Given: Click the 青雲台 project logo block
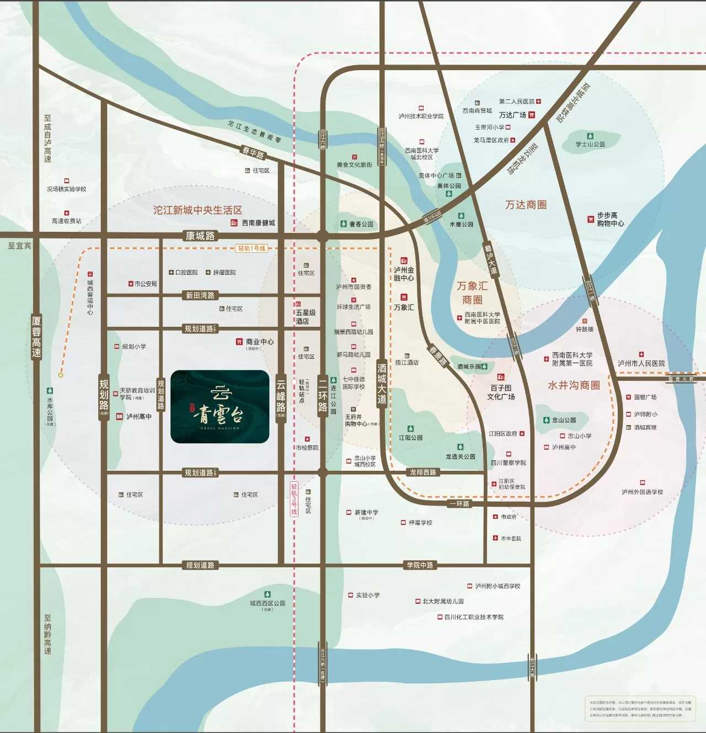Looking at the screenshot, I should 220,407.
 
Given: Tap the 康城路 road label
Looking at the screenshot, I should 200,236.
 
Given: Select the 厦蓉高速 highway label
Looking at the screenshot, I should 36,337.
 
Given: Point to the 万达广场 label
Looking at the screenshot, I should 512,115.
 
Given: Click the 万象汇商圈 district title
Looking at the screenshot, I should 472,293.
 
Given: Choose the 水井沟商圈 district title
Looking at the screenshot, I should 574,385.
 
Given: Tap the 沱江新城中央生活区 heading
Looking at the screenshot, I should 197,210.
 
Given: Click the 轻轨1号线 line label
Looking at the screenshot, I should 252,248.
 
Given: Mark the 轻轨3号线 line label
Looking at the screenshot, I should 294,498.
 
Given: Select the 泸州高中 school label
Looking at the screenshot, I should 138,417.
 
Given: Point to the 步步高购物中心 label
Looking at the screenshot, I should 610,220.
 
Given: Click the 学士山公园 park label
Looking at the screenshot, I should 590,144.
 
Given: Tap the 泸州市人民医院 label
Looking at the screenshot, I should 641,363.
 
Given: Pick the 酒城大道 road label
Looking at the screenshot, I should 382,383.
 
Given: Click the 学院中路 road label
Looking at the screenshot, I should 420,565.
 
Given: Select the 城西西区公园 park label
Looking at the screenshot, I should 268,603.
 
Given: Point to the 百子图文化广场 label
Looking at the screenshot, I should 501,392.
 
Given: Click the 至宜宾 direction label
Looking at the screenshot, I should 19,246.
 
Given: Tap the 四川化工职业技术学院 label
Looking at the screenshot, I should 474,617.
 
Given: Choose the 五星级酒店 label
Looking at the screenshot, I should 306,317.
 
